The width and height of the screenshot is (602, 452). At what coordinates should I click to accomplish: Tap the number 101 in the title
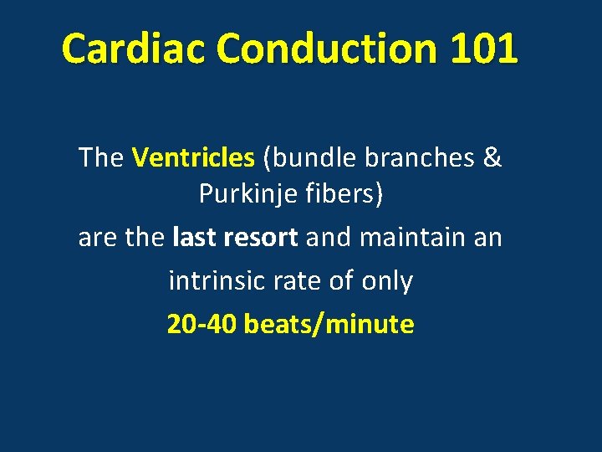[483, 49]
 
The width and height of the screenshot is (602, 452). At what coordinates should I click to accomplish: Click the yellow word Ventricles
[193, 157]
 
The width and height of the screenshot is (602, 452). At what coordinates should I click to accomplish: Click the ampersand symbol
[492, 157]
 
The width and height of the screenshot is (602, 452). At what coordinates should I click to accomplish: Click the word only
[387, 281]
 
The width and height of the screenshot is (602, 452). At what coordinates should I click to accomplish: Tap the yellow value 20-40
[202, 325]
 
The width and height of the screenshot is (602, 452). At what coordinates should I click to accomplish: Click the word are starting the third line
[98, 238]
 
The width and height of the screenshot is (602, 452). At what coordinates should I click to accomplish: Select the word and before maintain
[329, 238]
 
